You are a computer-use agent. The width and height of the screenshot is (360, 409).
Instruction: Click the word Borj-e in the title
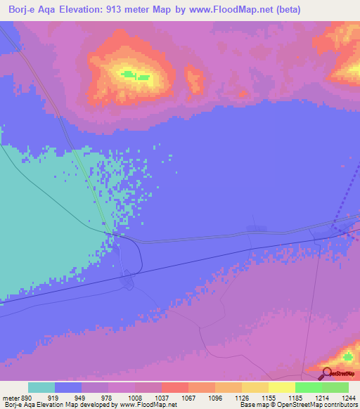[23, 10]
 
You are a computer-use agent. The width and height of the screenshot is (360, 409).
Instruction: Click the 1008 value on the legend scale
[134, 398]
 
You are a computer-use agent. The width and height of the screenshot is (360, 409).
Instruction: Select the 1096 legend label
[214, 398]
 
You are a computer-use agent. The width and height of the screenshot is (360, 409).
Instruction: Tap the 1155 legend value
[269, 398]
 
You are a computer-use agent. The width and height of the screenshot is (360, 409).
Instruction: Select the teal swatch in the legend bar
[41, 387]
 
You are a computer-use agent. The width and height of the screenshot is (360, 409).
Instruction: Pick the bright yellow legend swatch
[281, 387]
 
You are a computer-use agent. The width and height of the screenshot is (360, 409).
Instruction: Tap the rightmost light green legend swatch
[335, 387]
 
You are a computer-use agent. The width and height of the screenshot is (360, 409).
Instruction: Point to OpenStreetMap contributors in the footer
[325, 405]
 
